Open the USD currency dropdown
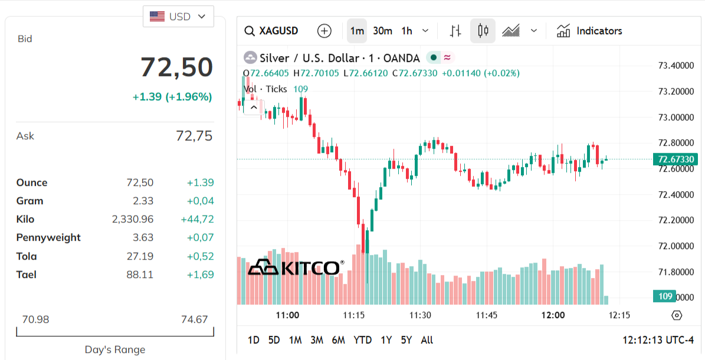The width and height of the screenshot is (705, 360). coord(178,17)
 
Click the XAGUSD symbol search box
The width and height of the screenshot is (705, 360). coord(272,31)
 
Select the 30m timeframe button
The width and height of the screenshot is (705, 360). coord(382,31)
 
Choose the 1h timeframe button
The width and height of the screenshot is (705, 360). coord(406,31)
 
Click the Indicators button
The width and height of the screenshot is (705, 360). coord(589,31)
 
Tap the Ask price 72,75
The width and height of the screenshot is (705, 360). coord(194,136)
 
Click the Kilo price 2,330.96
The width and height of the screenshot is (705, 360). coord(133,219)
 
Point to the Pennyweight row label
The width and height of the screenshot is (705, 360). coord(48,237)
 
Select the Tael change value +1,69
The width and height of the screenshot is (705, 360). coord(200,274)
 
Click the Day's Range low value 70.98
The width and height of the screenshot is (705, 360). coord(35,319)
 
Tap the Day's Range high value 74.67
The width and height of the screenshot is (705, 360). coord(194,319)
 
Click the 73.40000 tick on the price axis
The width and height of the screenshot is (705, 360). coord(676,66)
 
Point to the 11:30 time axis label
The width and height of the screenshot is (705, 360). coord(420,315)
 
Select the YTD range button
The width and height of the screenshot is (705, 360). coord(362,340)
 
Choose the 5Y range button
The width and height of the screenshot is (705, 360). coord(406,340)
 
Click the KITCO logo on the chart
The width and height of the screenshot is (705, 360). coord(296,267)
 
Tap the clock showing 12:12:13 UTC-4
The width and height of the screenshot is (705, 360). coord(658,340)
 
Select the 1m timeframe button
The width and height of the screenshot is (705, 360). coord(357,31)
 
